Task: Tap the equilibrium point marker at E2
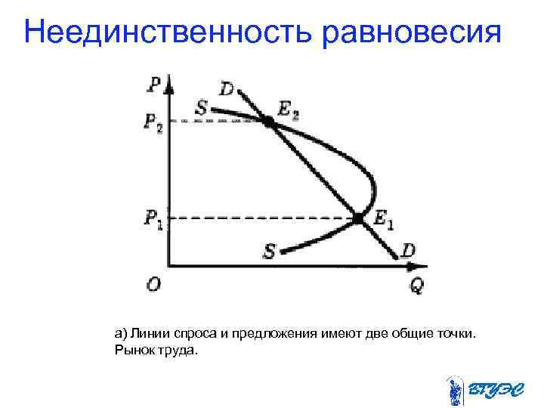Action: click(x=268, y=120)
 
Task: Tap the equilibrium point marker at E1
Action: click(x=357, y=218)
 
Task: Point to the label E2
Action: click(x=288, y=110)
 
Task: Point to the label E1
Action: click(x=383, y=220)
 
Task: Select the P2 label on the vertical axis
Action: click(x=153, y=122)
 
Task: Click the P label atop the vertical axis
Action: click(x=154, y=82)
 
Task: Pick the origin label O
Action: click(x=153, y=284)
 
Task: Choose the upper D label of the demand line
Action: click(x=226, y=89)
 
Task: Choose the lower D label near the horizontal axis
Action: click(x=408, y=249)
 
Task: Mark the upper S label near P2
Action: click(x=202, y=108)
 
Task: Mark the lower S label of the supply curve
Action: click(x=269, y=251)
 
